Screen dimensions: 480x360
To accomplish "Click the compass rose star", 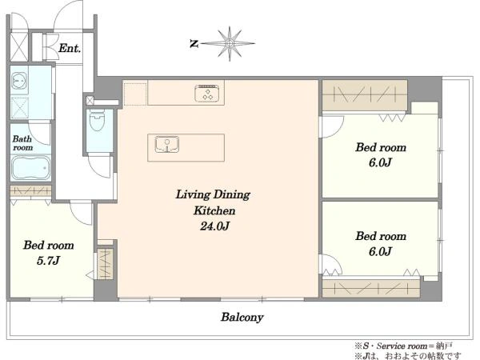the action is click(230, 43).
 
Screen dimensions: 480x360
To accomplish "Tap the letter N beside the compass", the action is click(194, 44).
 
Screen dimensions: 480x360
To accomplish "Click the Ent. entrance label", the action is click(70, 48).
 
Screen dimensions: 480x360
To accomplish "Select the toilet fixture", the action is click(97, 120).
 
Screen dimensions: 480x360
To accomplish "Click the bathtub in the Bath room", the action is click(30, 168).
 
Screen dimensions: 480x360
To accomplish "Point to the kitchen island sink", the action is click(167, 144).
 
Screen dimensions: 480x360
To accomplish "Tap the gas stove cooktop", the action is click(207, 93).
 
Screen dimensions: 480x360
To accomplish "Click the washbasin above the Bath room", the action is click(19, 81).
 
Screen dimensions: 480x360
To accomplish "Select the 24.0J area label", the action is click(215, 226).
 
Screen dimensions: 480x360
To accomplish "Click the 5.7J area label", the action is click(48, 261).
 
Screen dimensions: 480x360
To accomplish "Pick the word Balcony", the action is click(242, 317).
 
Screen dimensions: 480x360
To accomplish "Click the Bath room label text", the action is click(22, 143).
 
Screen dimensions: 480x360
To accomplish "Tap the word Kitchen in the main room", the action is click(214, 210).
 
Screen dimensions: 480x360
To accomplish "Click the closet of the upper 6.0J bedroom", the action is click(365, 95).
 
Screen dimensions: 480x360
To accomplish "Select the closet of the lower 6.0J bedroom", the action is click(371, 288).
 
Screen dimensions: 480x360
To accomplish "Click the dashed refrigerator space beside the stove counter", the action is click(135, 93).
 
